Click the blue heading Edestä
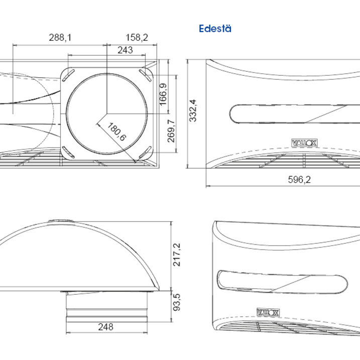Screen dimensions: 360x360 pyautogui.click(x=215, y=29)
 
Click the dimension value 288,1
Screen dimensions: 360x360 pyautogui.click(x=60, y=37)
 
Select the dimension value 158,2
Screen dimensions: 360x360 pyautogui.click(x=137, y=37)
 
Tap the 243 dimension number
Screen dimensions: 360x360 pyautogui.click(x=125, y=50)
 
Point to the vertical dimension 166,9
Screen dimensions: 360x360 pyautogui.click(x=163, y=94)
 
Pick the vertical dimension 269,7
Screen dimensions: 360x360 pyautogui.click(x=171, y=131)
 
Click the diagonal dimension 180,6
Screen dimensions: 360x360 pyautogui.click(x=116, y=132)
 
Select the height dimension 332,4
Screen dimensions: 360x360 pyautogui.click(x=193, y=110)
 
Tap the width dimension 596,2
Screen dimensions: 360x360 pyautogui.click(x=299, y=179)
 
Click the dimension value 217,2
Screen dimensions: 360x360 pyautogui.click(x=177, y=255)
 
